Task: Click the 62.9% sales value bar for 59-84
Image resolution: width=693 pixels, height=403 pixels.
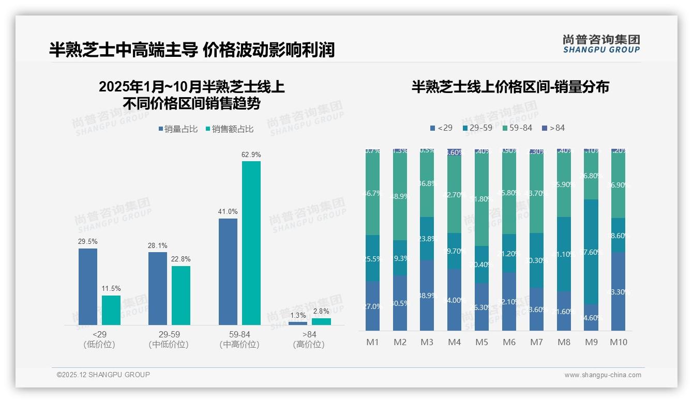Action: click(x=251, y=243)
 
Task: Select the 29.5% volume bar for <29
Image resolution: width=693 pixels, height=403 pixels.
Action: click(x=88, y=287)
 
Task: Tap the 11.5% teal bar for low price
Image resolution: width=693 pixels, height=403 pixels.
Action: click(x=111, y=310)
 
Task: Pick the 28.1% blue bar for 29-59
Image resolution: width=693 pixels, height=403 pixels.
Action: click(x=158, y=288)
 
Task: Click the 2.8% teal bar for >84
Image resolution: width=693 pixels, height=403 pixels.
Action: click(x=321, y=321)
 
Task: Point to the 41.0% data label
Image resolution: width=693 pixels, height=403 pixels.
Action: click(x=228, y=211)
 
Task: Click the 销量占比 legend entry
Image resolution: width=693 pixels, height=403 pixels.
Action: click(x=178, y=129)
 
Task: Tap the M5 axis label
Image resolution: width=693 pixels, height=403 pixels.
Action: click(x=481, y=342)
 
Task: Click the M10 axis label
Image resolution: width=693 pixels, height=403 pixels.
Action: click(x=618, y=342)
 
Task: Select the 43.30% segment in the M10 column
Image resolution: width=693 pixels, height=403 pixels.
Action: click(x=618, y=291)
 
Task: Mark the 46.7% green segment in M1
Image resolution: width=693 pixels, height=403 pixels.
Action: click(x=372, y=194)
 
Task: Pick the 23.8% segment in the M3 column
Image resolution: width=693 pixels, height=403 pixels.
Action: click(x=427, y=238)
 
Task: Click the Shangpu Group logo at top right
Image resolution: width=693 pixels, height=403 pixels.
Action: click(x=601, y=44)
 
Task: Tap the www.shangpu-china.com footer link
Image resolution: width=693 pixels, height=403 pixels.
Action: click(x=602, y=375)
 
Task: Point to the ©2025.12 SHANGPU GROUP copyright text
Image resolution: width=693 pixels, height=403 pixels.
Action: click(x=103, y=375)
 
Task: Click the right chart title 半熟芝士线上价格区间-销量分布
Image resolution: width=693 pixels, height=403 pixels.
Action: click(x=510, y=87)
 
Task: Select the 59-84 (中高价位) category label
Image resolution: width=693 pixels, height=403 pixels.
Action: click(x=239, y=339)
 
